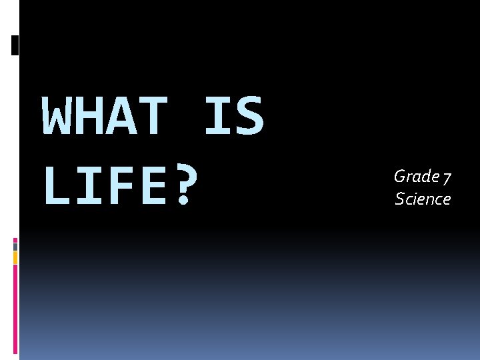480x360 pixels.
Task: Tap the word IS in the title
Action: pyautogui.click(x=234, y=115)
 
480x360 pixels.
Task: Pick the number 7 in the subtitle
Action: pyautogui.click(x=447, y=177)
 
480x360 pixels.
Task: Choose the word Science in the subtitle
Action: pyautogui.click(x=423, y=199)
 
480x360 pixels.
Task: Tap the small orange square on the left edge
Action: pyautogui.click(x=15, y=257)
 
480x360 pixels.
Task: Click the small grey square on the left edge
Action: pyautogui.click(x=15, y=246)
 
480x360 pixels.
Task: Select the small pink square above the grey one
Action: pyautogui.click(x=15, y=239)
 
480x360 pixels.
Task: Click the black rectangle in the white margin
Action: pyautogui.click(x=15, y=45)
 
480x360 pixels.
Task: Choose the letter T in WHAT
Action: pyautogui.click(x=154, y=115)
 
